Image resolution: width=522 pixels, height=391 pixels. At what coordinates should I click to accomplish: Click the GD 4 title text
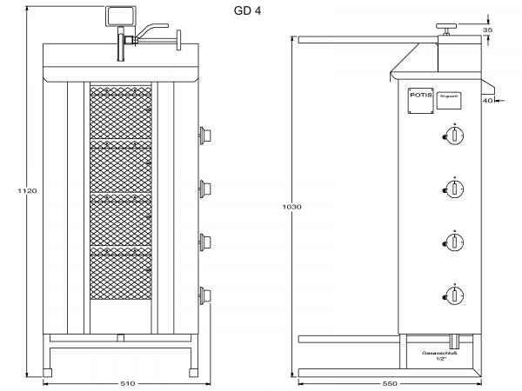(246, 11)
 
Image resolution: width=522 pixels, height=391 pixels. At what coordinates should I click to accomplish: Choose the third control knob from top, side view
(453, 241)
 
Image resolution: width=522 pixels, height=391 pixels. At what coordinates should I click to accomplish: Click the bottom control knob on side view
(453, 295)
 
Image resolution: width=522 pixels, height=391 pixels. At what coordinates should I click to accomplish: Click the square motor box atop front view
(119, 17)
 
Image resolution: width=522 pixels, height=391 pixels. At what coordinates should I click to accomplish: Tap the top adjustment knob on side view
(448, 30)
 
